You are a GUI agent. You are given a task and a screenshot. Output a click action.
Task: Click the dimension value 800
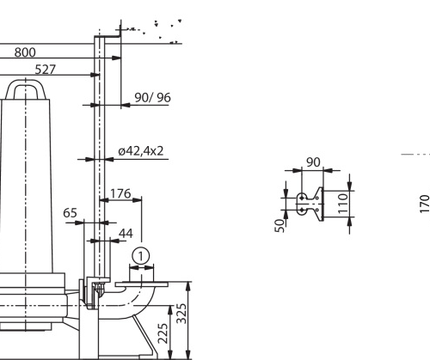(x=25, y=52)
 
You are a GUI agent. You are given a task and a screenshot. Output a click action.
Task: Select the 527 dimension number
(x=46, y=70)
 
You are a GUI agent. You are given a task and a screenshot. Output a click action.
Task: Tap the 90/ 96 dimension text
(x=153, y=98)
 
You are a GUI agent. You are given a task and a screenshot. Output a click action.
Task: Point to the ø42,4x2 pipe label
(x=141, y=151)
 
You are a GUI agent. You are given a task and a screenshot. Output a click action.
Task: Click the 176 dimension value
(x=120, y=193)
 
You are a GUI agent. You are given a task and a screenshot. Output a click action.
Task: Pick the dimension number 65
(x=70, y=213)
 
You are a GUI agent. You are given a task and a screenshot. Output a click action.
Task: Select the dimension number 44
(x=126, y=234)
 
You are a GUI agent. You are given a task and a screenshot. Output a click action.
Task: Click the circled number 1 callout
(x=141, y=256)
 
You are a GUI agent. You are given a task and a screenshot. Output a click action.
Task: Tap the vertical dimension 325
(x=181, y=314)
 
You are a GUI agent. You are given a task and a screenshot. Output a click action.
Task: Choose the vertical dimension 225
(x=163, y=333)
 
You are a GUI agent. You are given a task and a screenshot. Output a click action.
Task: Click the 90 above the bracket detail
(x=313, y=162)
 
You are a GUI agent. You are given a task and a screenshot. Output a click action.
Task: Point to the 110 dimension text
(x=343, y=204)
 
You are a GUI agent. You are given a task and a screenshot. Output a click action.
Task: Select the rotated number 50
(x=279, y=226)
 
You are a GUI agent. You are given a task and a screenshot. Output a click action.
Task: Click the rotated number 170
(x=425, y=204)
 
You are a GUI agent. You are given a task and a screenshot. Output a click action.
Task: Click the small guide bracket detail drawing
(x=310, y=204)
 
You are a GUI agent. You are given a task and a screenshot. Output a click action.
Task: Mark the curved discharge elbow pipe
(x=134, y=303)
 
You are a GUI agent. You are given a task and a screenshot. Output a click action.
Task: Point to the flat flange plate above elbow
(x=142, y=284)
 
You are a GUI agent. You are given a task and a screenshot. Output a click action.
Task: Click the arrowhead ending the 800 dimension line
(x=116, y=58)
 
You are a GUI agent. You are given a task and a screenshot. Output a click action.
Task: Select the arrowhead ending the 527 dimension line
(x=95, y=75)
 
